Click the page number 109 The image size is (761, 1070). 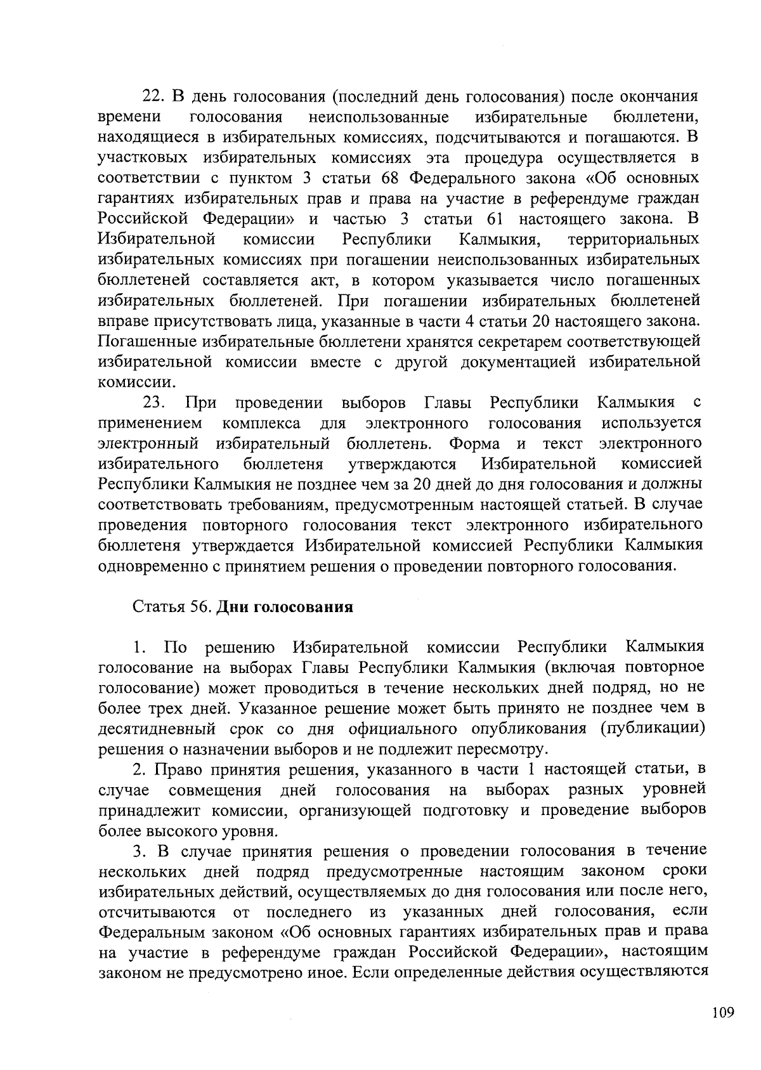(722, 1012)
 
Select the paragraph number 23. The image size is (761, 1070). (154, 403)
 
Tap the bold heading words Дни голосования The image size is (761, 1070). (284, 607)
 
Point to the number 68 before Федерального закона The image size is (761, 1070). (393, 178)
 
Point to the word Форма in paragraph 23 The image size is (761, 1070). (474, 443)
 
